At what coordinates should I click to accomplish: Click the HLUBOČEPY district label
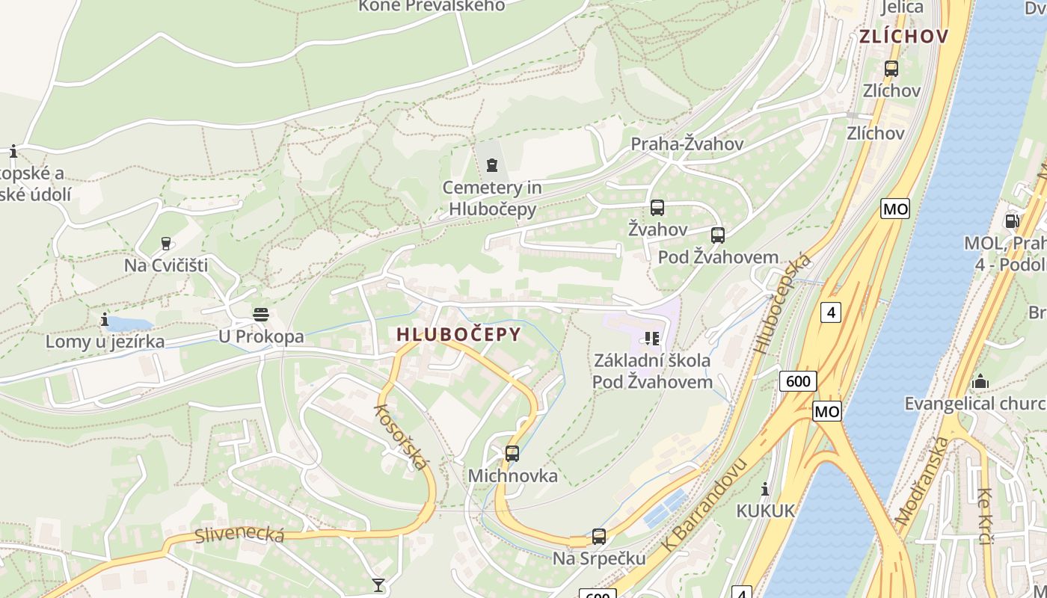tap(458, 334)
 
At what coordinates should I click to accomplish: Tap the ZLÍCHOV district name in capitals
tap(903, 37)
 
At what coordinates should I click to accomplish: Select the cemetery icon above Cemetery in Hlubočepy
tap(491, 164)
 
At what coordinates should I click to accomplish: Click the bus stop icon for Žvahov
tap(657, 208)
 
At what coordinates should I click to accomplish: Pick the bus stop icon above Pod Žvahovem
tap(718, 235)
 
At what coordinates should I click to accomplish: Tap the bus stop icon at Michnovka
tap(512, 453)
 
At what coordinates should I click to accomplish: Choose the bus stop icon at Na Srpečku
tap(599, 536)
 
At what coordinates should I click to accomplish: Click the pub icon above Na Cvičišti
tap(166, 244)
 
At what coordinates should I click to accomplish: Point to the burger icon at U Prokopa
tap(260, 315)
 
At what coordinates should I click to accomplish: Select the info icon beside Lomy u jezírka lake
tap(104, 320)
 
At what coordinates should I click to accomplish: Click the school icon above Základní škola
tap(651, 339)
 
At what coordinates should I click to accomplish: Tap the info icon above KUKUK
tap(765, 490)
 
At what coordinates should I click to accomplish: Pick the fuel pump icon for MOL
tap(1011, 221)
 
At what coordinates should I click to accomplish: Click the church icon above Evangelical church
tap(980, 383)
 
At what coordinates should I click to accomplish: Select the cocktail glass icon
tap(378, 585)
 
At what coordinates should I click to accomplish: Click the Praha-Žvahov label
tap(687, 144)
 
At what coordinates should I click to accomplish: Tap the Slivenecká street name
tap(239, 534)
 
